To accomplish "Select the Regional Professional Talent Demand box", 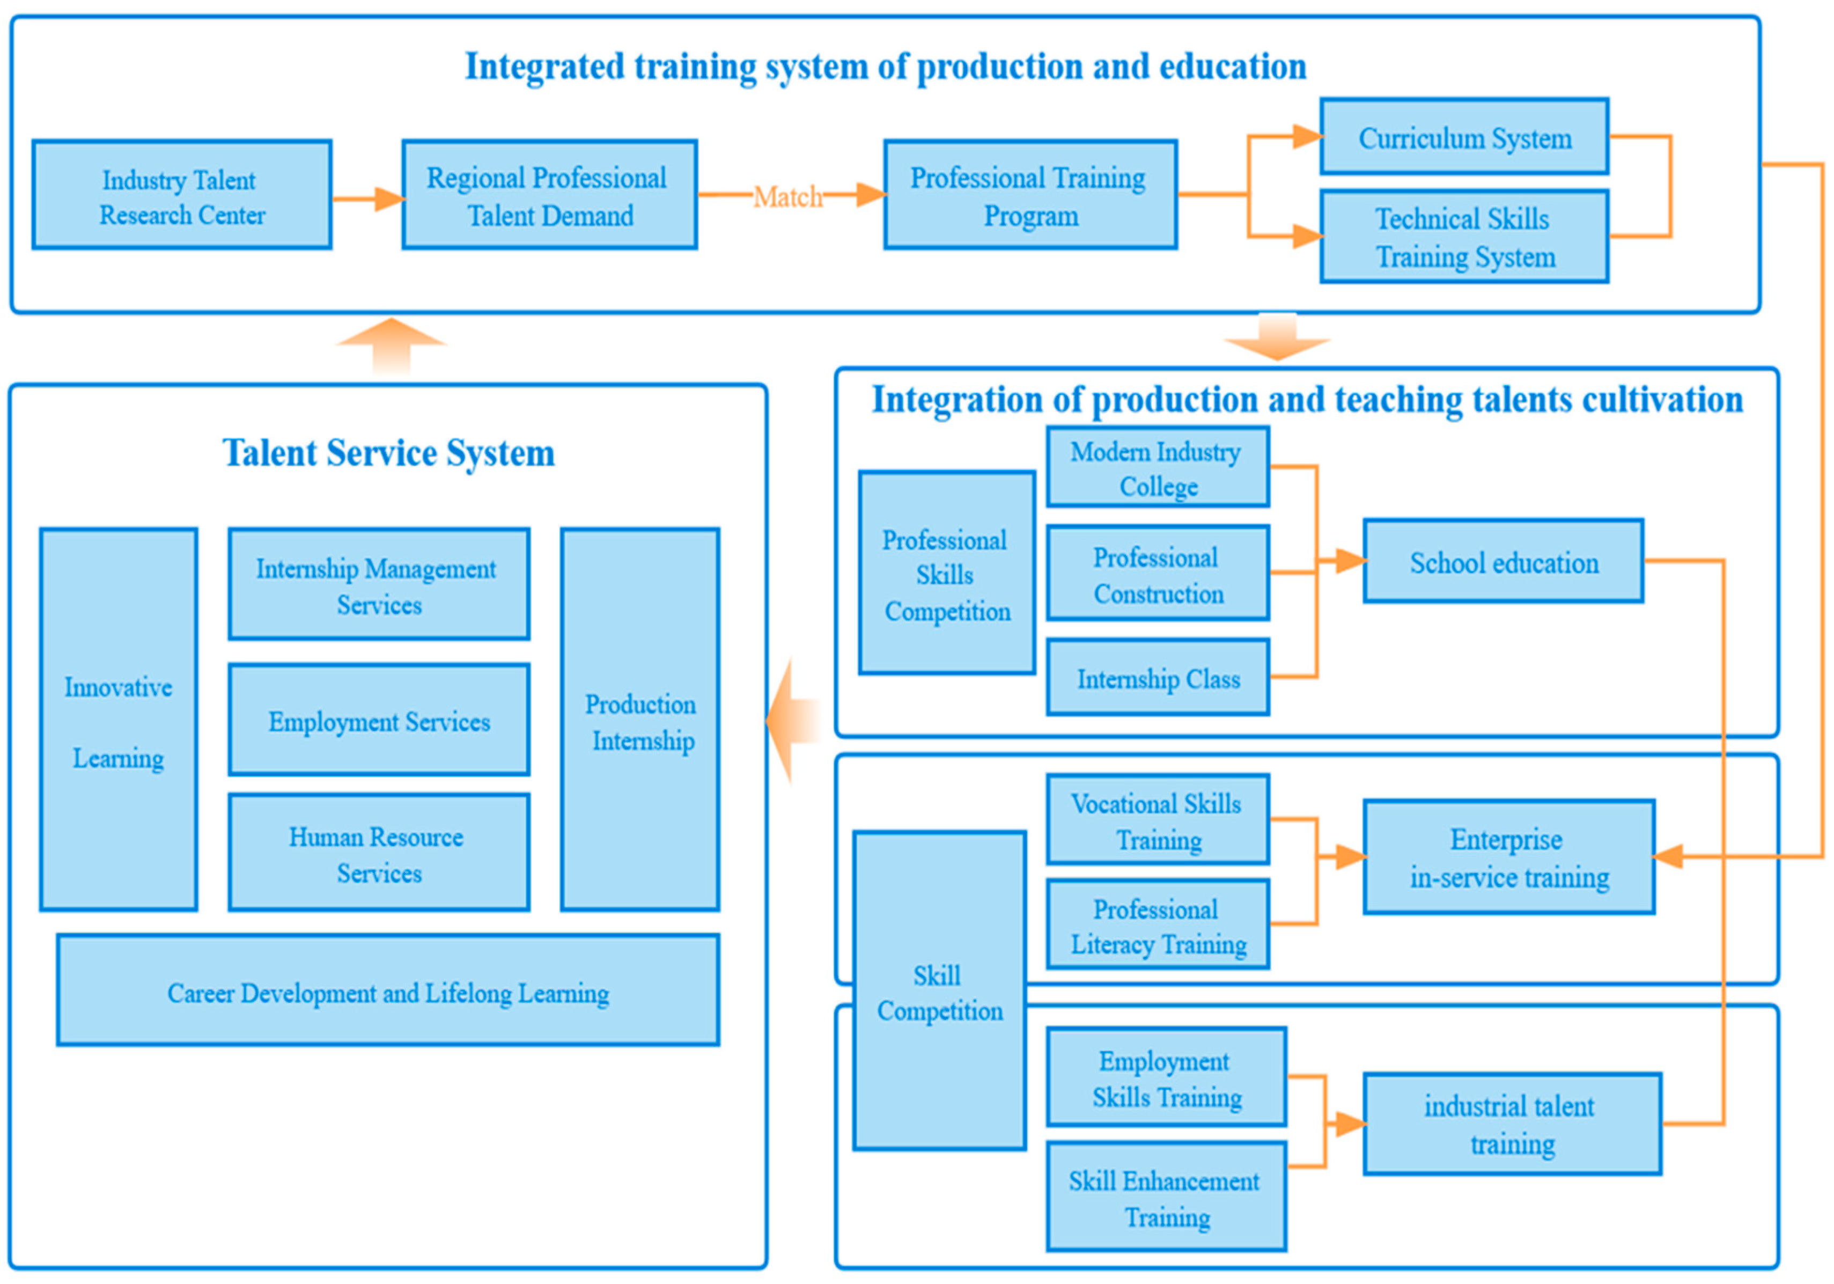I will coord(550,195).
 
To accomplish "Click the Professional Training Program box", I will coord(1029,195).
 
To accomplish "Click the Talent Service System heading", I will coord(388,453).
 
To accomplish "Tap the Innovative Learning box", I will coord(118,719).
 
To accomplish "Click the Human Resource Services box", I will coord(379,853).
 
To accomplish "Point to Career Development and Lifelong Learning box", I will coord(388,990).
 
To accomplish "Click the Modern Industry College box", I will coord(1158,467).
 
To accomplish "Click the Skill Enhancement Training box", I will coord(1166,1196).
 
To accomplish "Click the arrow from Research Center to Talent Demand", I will coord(368,198).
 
